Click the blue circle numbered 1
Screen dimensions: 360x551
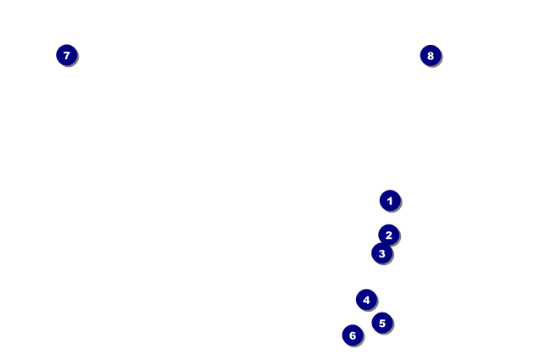click(x=390, y=201)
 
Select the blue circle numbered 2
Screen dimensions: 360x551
click(x=388, y=235)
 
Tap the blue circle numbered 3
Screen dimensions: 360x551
click(x=382, y=253)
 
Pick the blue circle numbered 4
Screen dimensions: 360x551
click(x=366, y=300)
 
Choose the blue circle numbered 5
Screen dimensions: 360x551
click(x=382, y=323)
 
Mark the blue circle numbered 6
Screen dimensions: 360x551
click(x=353, y=335)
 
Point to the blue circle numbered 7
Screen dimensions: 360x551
click(x=67, y=55)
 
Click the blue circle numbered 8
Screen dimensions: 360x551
click(x=431, y=56)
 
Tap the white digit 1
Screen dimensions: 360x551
click(x=390, y=201)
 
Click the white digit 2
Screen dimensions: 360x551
click(x=388, y=235)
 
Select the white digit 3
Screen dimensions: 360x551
click(x=382, y=253)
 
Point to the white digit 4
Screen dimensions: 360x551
click(x=366, y=300)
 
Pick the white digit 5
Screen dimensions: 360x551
click(x=382, y=323)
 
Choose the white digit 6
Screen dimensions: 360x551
click(x=353, y=335)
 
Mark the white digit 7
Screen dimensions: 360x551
click(x=67, y=55)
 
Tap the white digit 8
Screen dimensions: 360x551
click(x=431, y=56)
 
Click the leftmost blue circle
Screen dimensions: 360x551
click(x=67, y=55)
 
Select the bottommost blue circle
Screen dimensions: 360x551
click(x=353, y=335)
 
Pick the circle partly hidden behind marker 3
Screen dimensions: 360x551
click(x=389, y=231)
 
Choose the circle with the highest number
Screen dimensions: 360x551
click(x=431, y=56)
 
